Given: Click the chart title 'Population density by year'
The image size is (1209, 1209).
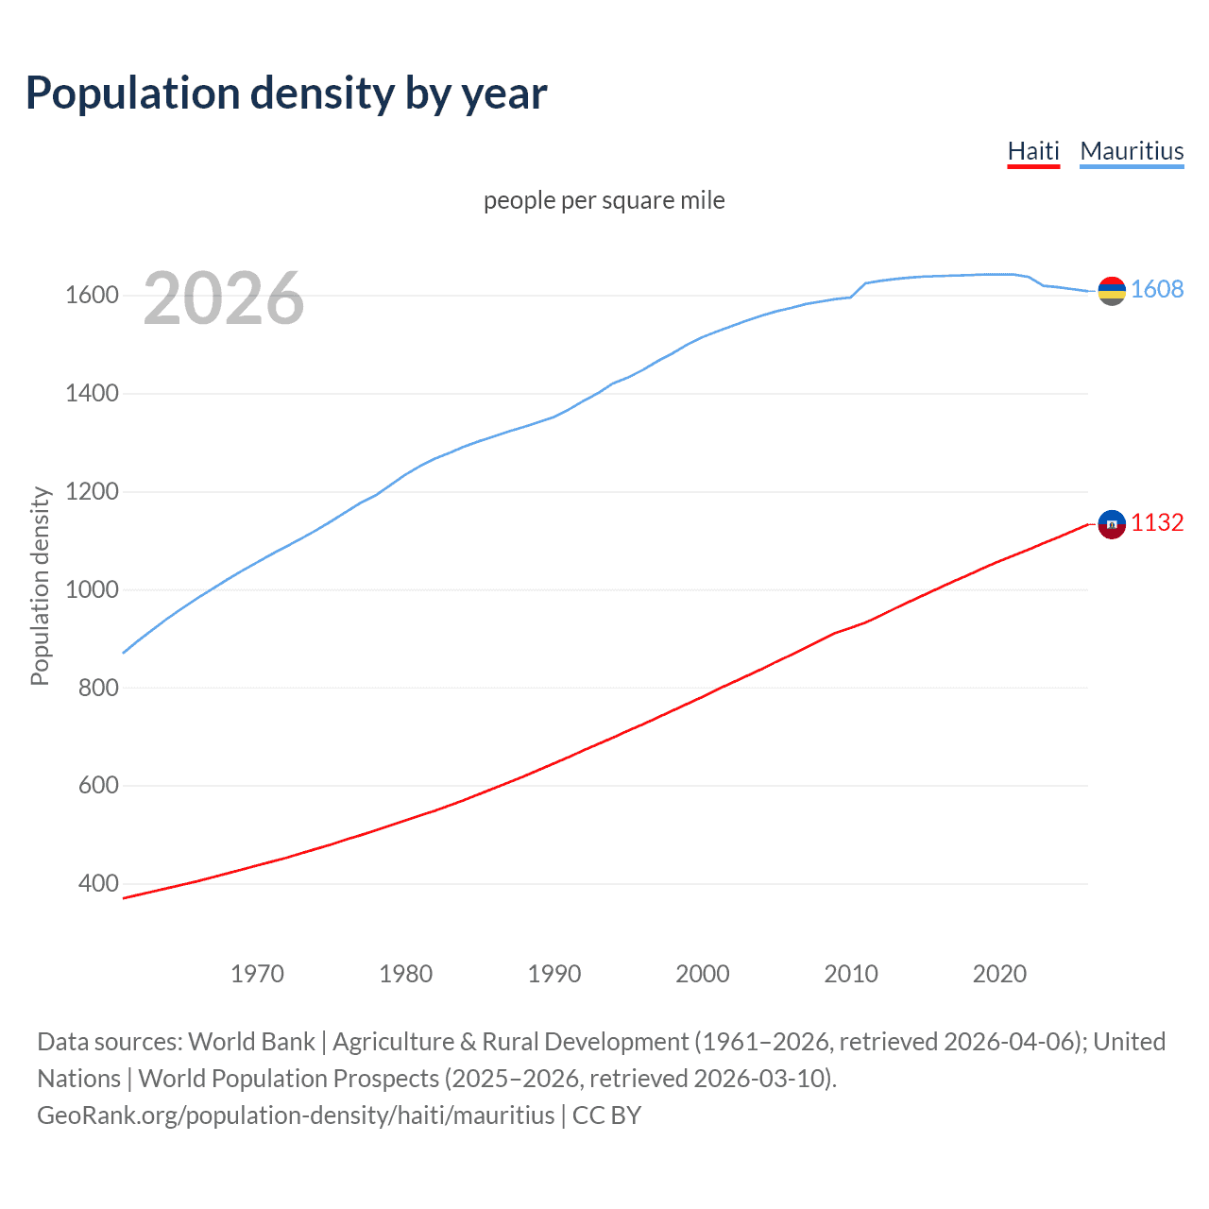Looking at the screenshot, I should click(286, 94).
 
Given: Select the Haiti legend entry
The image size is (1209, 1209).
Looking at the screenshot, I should click(1033, 151).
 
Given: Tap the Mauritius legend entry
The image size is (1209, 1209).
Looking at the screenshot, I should click(1132, 151).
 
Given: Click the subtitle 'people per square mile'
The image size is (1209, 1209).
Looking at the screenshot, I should click(604, 200).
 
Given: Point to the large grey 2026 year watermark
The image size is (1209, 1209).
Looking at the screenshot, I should click(224, 298).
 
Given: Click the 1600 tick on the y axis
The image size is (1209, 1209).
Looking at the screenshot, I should click(92, 296).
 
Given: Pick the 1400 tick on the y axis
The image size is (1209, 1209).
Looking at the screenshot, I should click(92, 394).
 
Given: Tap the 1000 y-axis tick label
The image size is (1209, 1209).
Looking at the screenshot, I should click(92, 589).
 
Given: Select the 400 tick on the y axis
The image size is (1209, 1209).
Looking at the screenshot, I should click(98, 884).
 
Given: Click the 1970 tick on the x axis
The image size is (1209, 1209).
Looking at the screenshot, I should click(257, 974).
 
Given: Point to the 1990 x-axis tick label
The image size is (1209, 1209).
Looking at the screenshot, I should click(554, 974).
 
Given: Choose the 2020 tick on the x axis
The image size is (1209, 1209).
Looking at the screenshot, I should click(999, 974).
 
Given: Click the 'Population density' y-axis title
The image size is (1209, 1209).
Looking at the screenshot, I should click(40, 586).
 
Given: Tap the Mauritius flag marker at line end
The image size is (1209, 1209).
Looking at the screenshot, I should click(1112, 291).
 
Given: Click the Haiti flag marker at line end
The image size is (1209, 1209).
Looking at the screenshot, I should click(1112, 523).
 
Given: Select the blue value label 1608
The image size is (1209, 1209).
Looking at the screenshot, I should click(1157, 290).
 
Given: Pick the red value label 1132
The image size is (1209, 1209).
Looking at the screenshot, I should click(1157, 522).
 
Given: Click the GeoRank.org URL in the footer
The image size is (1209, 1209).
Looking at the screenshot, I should click(296, 1115).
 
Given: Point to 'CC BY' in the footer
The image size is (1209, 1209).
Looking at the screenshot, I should click(606, 1115).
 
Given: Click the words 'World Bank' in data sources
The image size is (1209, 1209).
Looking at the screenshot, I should click(251, 1042).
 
